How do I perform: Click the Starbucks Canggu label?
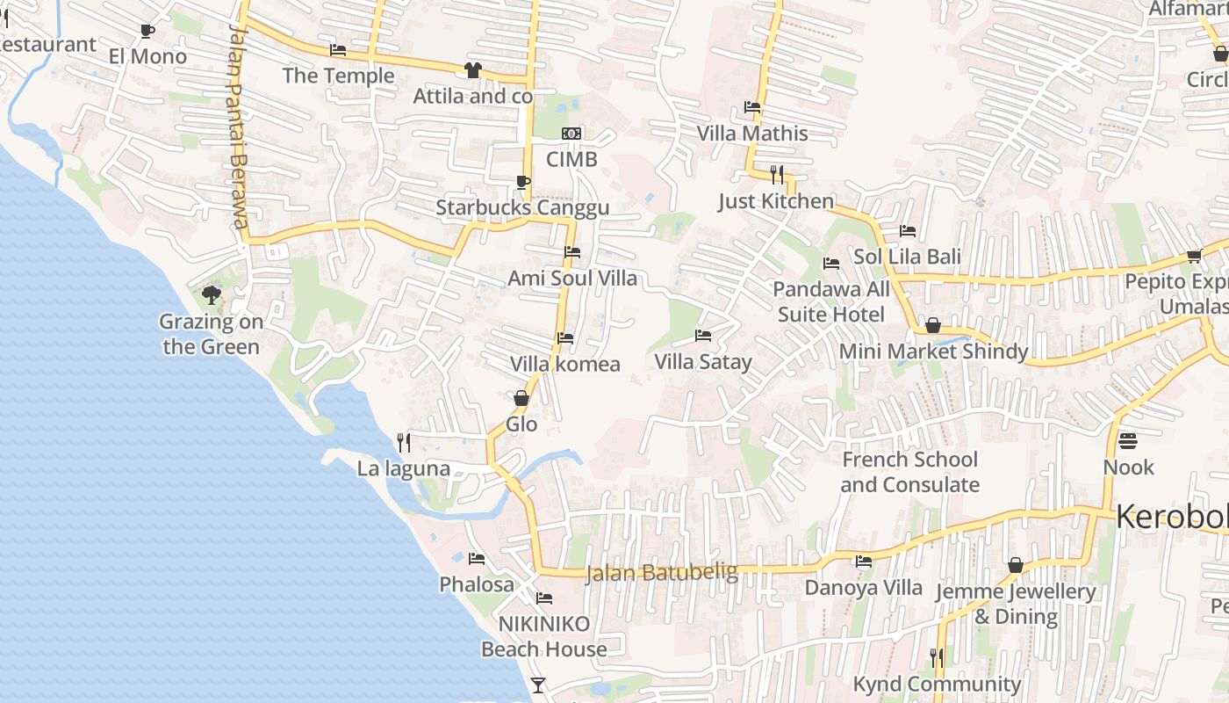(522, 208)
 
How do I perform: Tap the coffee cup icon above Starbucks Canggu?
(522, 182)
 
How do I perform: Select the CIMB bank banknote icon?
(571, 134)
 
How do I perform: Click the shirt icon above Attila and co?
(473, 69)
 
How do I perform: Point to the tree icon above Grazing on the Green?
(211, 294)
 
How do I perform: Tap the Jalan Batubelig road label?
(661, 573)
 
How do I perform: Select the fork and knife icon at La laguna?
(404, 442)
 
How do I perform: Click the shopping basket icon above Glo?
(521, 398)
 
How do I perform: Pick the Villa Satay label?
(703, 362)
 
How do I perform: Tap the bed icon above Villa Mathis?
(752, 107)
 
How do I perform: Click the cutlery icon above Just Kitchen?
(776, 174)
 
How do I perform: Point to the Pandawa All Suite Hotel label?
(830, 301)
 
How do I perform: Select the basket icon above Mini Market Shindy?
(933, 326)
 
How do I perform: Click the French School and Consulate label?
(909, 472)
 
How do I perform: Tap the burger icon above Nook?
(1128, 440)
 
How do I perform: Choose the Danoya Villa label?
(864, 588)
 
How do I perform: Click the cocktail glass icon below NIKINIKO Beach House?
(538, 685)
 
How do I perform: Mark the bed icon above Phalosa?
(477, 558)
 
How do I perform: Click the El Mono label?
(147, 56)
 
